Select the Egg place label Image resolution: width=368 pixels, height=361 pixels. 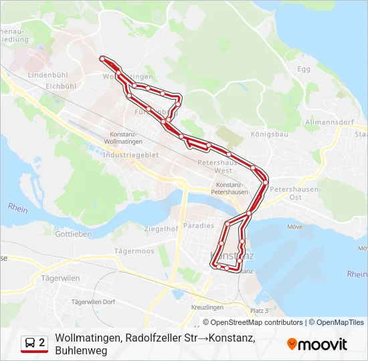[x=304, y=69]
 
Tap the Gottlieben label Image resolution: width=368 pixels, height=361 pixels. [x=74, y=235]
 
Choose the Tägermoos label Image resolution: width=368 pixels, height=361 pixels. [x=134, y=251]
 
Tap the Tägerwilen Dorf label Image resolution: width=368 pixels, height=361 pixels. [x=93, y=302]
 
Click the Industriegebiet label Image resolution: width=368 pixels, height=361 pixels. [x=132, y=154]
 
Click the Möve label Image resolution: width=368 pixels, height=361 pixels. [x=294, y=227]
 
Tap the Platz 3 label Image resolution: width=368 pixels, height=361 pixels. [x=258, y=311]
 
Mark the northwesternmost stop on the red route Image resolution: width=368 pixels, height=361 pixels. [x=102, y=59]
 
